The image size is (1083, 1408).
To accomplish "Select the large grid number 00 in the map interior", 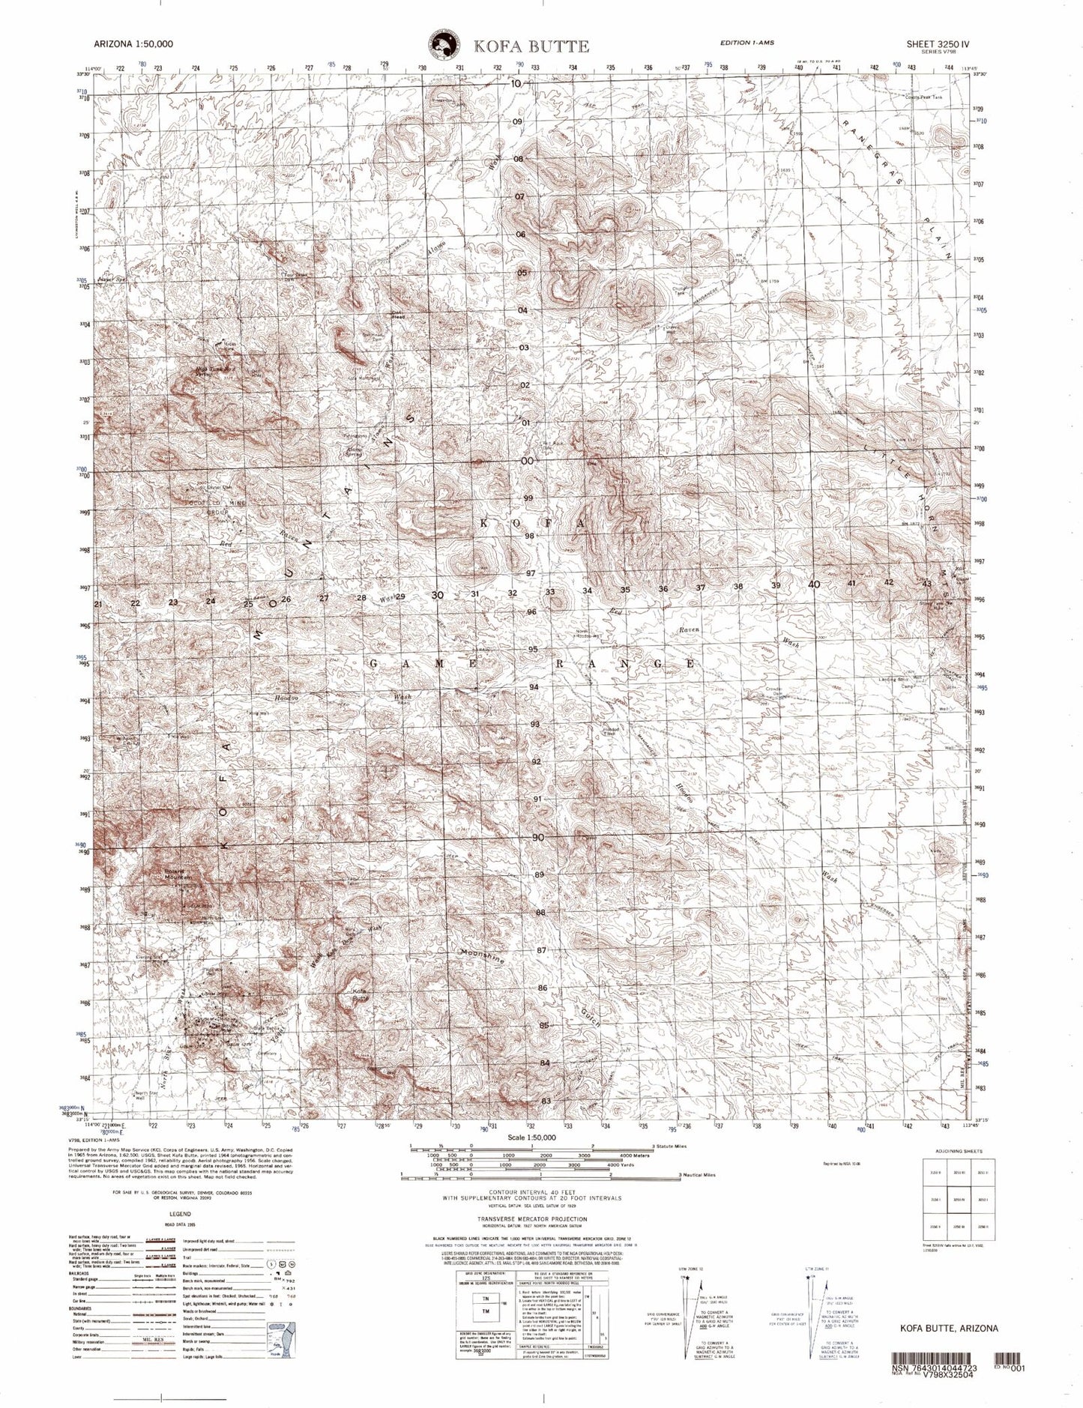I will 527,461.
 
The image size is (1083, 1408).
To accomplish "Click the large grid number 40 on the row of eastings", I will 814,584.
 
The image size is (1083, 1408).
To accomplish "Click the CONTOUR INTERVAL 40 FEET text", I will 535,1191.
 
